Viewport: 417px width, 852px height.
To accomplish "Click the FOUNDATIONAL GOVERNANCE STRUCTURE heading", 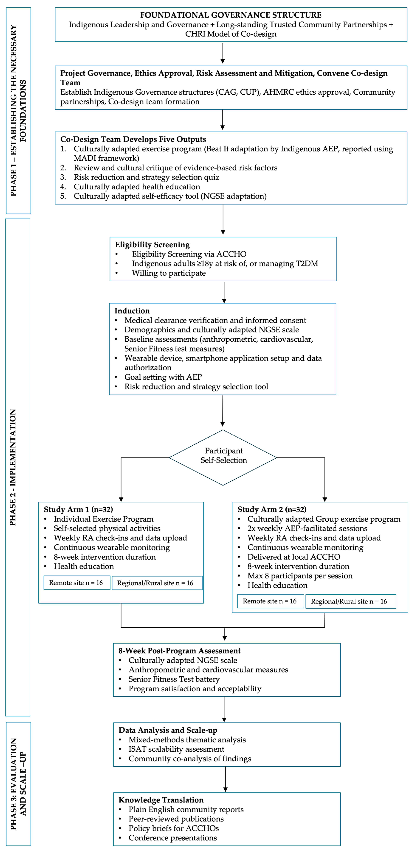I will [230, 15].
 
